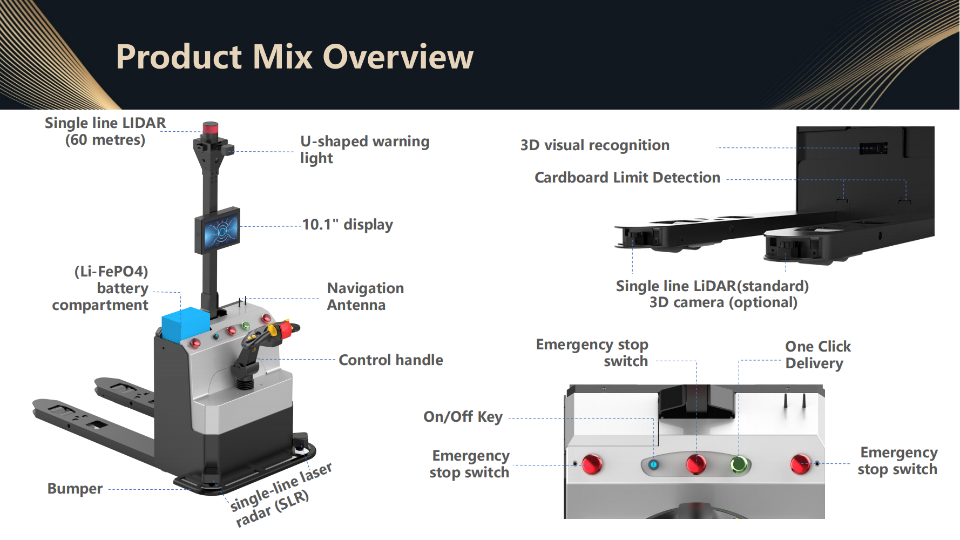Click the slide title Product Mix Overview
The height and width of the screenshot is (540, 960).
point(295,57)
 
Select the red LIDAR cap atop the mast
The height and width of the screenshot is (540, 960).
point(210,128)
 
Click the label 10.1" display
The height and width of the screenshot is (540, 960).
point(348,225)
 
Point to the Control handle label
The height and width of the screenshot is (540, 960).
point(391,360)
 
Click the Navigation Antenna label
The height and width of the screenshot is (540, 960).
point(366,296)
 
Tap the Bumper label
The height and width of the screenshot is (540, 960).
point(75,489)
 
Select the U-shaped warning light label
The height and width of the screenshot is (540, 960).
point(365,150)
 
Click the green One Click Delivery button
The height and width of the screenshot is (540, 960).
point(739,464)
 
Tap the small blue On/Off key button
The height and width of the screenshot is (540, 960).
point(653,464)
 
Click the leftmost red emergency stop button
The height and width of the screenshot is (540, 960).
point(592,464)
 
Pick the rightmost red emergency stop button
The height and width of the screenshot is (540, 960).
point(800,464)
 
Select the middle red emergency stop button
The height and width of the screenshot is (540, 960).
point(696,464)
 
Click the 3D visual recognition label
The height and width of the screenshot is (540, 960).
point(595,145)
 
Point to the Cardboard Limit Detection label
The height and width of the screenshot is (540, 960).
point(627,178)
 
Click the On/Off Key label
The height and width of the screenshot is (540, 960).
point(463,417)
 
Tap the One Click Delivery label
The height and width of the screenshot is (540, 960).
point(818,355)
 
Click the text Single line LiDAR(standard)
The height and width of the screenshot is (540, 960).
point(712,286)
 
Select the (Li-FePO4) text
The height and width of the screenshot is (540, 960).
point(111,272)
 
